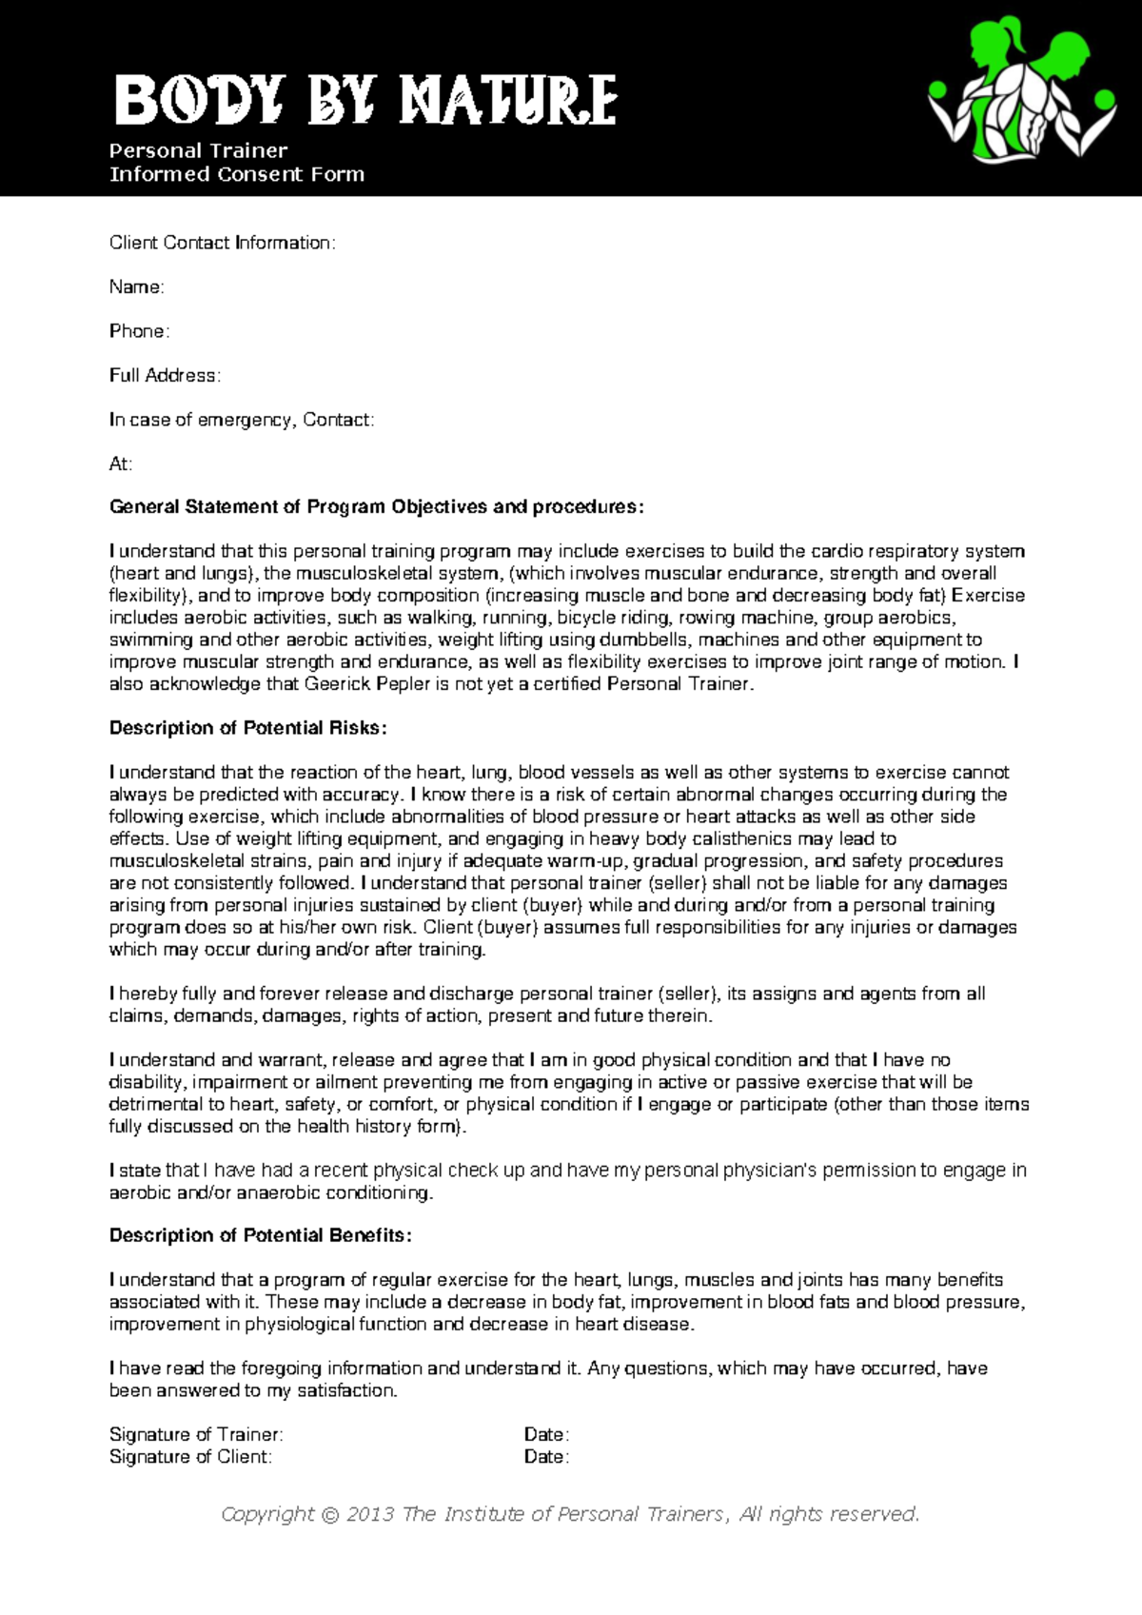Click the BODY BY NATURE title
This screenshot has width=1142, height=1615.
click(365, 101)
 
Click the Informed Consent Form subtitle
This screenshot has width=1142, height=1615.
click(237, 174)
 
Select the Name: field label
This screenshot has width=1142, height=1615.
click(136, 287)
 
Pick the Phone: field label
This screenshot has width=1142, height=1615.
click(139, 331)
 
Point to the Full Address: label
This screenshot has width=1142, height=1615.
click(165, 376)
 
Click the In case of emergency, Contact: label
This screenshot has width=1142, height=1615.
click(242, 420)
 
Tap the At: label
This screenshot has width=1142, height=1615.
click(121, 464)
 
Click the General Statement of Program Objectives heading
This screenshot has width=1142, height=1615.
click(376, 507)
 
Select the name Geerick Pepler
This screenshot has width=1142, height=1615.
click(367, 684)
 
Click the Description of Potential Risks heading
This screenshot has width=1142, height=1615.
click(247, 728)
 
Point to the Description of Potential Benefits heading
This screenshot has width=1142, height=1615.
click(260, 1235)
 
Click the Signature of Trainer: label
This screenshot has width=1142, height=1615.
click(196, 1434)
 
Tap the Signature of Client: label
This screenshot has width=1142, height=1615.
click(190, 1457)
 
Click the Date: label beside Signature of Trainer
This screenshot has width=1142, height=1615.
click(546, 1434)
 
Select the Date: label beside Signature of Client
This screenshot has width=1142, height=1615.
click(546, 1457)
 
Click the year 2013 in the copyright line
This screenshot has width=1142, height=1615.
click(369, 1514)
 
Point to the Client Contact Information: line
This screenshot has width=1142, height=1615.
click(222, 243)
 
